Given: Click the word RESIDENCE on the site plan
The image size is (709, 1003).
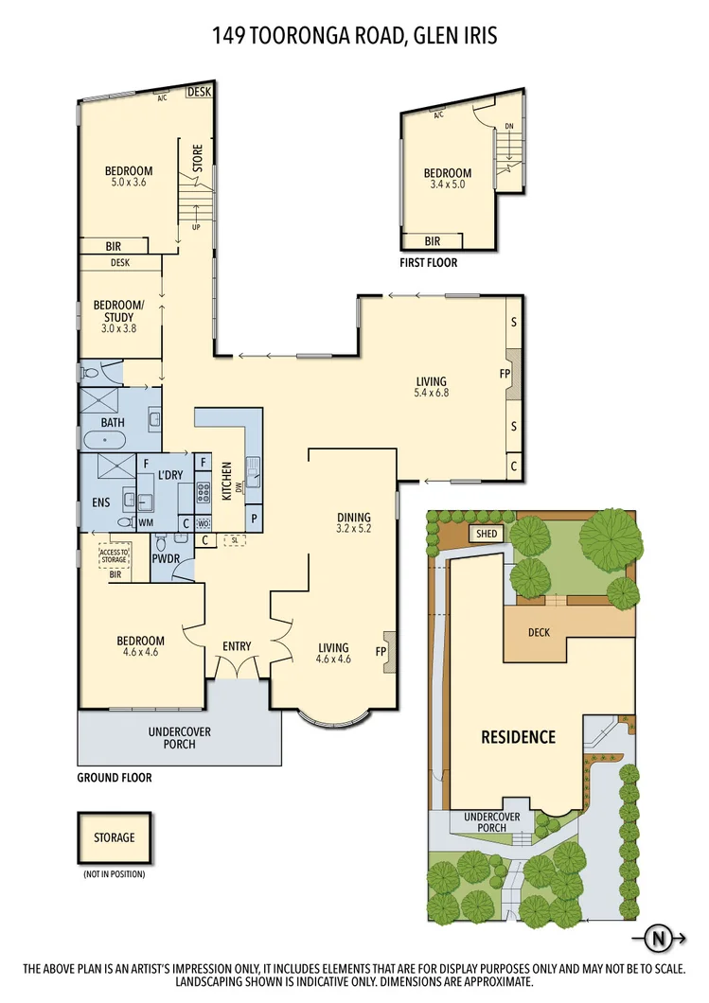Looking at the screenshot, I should click(518, 736).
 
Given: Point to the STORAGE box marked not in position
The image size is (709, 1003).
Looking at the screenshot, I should click(114, 837).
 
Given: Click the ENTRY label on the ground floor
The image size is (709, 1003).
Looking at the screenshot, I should click(237, 646).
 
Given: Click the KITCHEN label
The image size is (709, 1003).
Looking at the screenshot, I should click(227, 482).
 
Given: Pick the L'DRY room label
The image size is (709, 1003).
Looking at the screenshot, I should click(169, 473).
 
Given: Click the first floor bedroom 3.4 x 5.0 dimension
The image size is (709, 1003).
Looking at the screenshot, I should click(447, 185).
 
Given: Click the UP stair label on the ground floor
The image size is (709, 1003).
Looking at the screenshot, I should click(196, 228).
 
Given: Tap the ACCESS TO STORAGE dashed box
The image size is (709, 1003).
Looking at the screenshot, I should click(115, 555).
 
